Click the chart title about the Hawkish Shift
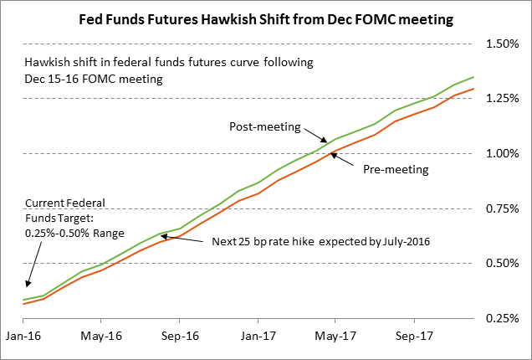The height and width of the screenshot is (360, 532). pyautogui.click(x=266, y=18)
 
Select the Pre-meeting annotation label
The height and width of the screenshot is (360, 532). pyautogui.click(x=396, y=170)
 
